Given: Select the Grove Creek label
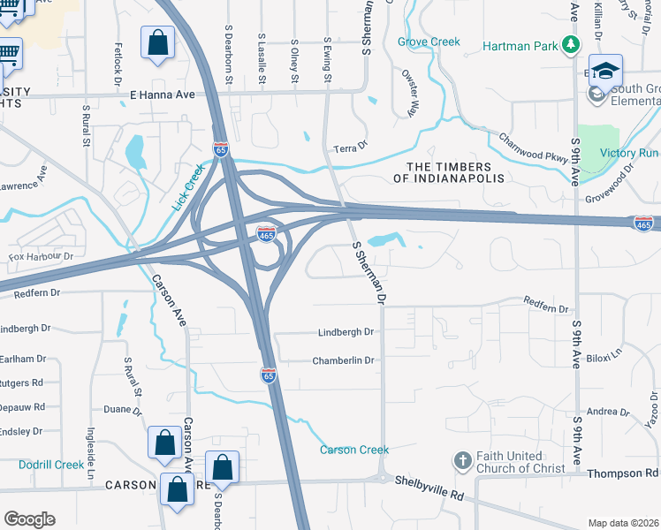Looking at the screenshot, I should [429, 42].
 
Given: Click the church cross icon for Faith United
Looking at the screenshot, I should [461, 460].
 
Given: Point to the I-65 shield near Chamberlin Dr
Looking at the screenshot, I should [269, 375].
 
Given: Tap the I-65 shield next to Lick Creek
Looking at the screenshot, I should [221, 149].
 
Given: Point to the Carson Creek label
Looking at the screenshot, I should [353, 450].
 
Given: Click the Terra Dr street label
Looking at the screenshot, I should [350, 148].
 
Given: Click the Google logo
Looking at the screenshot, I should [29, 519].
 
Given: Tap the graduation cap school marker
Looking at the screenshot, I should [606, 72].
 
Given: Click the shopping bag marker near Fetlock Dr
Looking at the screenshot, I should [157, 42].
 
